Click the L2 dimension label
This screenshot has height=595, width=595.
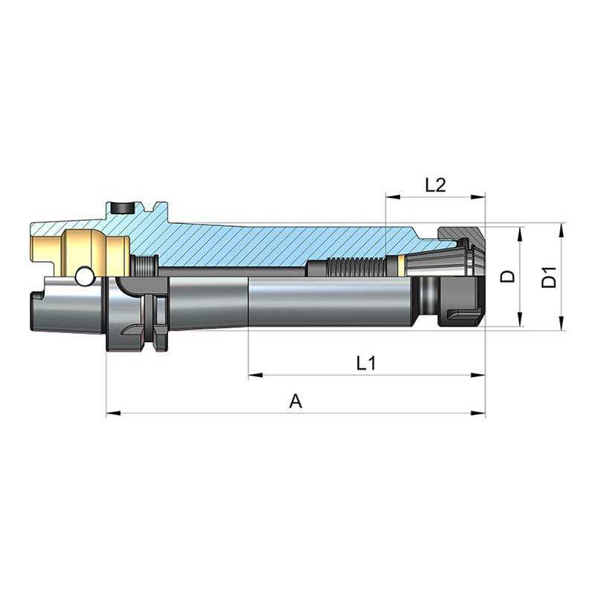pyautogui.click(x=435, y=185)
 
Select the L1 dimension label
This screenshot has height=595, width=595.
pyautogui.click(x=366, y=364)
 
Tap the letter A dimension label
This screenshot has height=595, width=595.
pyautogui.click(x=296, y=401)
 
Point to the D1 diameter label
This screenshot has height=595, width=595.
pyautogui.click(x=549, y=277)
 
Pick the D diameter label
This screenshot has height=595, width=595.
pyautogui.click(x=508, y=276)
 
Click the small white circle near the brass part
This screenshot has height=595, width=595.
pyautogui.click(x=84, y=277)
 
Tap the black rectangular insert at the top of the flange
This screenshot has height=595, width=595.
pyautogui.click(x=123, y=208)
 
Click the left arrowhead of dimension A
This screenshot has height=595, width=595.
pyautogui.click(x=113, y=413)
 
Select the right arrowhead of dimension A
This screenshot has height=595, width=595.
pyautogui.click(x=478, y=413)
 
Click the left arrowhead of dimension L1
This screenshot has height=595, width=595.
pyautogui.click(x=255, y=376)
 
